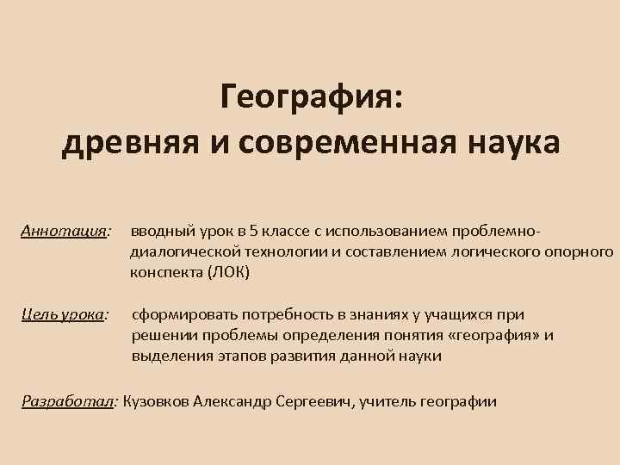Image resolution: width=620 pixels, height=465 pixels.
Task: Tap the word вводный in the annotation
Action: pyautogui.click(x=158, y=232)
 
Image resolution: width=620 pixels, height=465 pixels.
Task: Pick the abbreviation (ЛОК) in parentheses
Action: pyautogui.click(x=228, y=273)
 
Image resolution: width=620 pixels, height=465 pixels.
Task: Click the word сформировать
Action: pyautogui.click(x=182, y=314)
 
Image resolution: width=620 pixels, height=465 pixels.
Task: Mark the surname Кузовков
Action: pyautogui.click(x=158, y=400)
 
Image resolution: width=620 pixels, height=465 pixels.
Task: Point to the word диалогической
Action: pyautogui.click(x=180, y=252)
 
